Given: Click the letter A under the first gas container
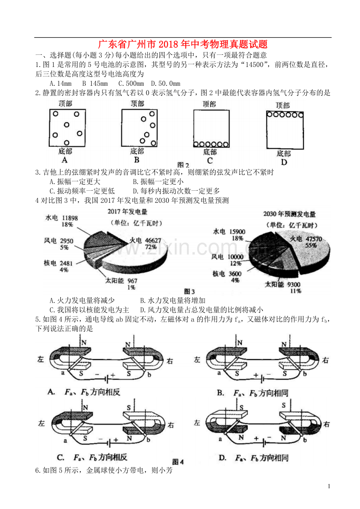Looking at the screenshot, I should tap(65, 160).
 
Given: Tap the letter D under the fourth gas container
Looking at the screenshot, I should tap(284, 162).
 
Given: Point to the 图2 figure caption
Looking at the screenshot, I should tap(183, 165).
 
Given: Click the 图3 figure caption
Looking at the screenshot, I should tap(189, 291).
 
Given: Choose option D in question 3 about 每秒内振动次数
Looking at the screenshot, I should tap(176, 191).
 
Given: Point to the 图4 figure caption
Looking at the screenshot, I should tap(178, 461).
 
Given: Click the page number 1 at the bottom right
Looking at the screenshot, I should tap(329, 486).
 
